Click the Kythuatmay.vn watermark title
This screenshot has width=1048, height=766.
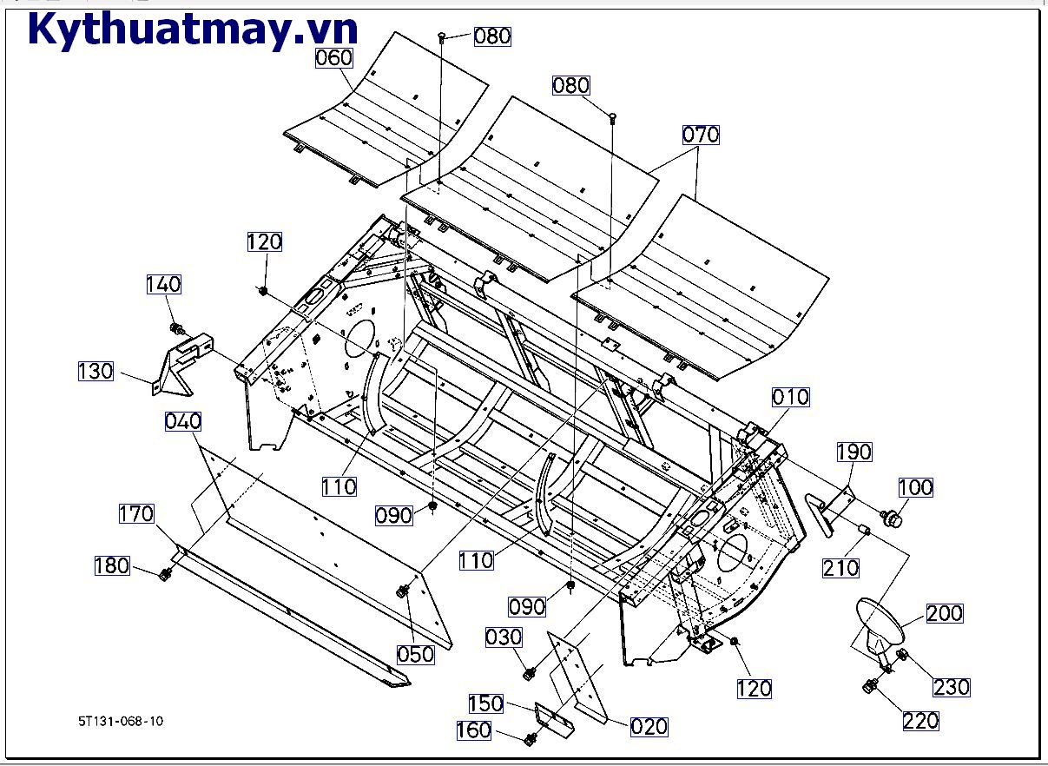pos(193,30)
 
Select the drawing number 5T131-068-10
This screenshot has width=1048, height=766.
pos(120,721)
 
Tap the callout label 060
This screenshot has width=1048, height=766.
pos(334,58)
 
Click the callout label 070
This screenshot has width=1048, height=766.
pos(701,135)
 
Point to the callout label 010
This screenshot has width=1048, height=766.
pos(790,397)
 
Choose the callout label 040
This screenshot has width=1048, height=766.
pos(182,421)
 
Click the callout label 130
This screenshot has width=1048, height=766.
pos(96,371)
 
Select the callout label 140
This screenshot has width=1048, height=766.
pos(163,284)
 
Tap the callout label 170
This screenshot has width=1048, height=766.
pos(137,514)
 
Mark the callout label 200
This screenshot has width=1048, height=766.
pos(945,613)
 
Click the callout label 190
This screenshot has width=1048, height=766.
pos(854,452)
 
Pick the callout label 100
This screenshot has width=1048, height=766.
pos(915,486)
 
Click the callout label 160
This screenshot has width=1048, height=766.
pos(474,730)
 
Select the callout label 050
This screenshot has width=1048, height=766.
pos(415,654)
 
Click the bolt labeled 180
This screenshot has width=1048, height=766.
pos(164,574)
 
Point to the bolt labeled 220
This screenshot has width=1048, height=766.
pos(868,687)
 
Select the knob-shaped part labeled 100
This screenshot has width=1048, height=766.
pos(890,518)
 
